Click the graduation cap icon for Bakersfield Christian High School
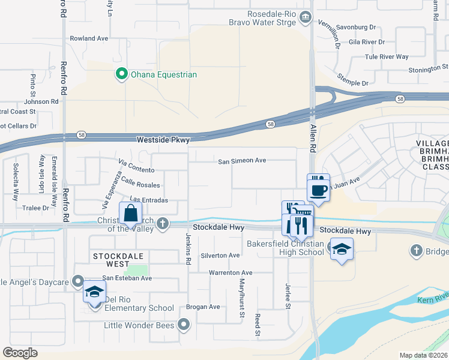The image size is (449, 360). point(341,249)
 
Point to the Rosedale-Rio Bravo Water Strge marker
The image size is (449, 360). point(306,17)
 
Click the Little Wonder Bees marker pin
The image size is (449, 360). point(184,325)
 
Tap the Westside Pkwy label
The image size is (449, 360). point(163,140)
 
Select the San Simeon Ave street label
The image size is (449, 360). point(241,161)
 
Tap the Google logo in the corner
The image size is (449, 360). point(20,353)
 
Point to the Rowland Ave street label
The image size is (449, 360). point(89,38)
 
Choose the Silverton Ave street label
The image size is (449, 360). point(220,256)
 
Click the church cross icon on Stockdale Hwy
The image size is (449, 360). point(162,224)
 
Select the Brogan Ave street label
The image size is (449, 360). point(203,307)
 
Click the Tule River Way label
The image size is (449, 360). point(387,57)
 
